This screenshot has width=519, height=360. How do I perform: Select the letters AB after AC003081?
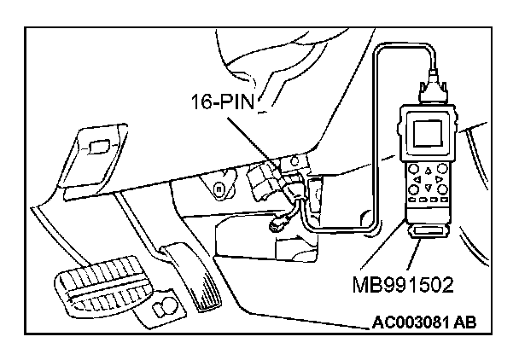[x=461, y=322]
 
